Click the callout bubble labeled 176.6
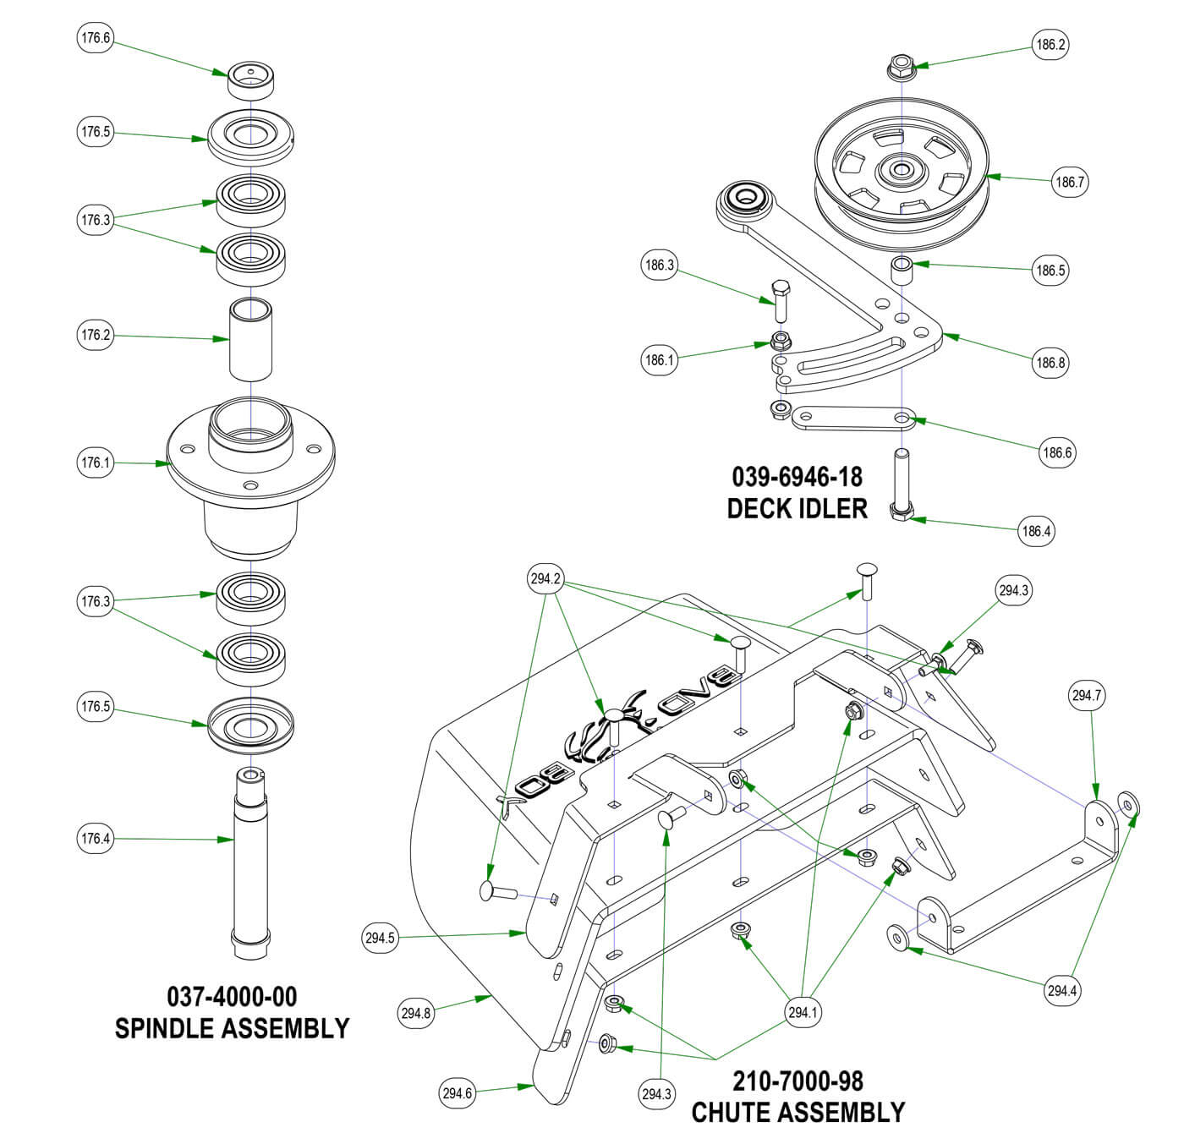coord(95,38)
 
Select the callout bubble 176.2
coord(95,335)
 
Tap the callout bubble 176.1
coord(95,463)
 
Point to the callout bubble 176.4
coord(95,839)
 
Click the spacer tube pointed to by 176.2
coord(251,341)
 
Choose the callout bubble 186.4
coord(1036,531)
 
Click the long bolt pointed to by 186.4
coord(902,487)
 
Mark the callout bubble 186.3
coord(660,265)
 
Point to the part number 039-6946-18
coord(797,477)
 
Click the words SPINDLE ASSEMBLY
coord(232,1028)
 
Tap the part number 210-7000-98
coord(798,1081)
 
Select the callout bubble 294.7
coord(1087,696)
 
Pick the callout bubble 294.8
coord(416,1013)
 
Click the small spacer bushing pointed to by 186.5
coord(902,272)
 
